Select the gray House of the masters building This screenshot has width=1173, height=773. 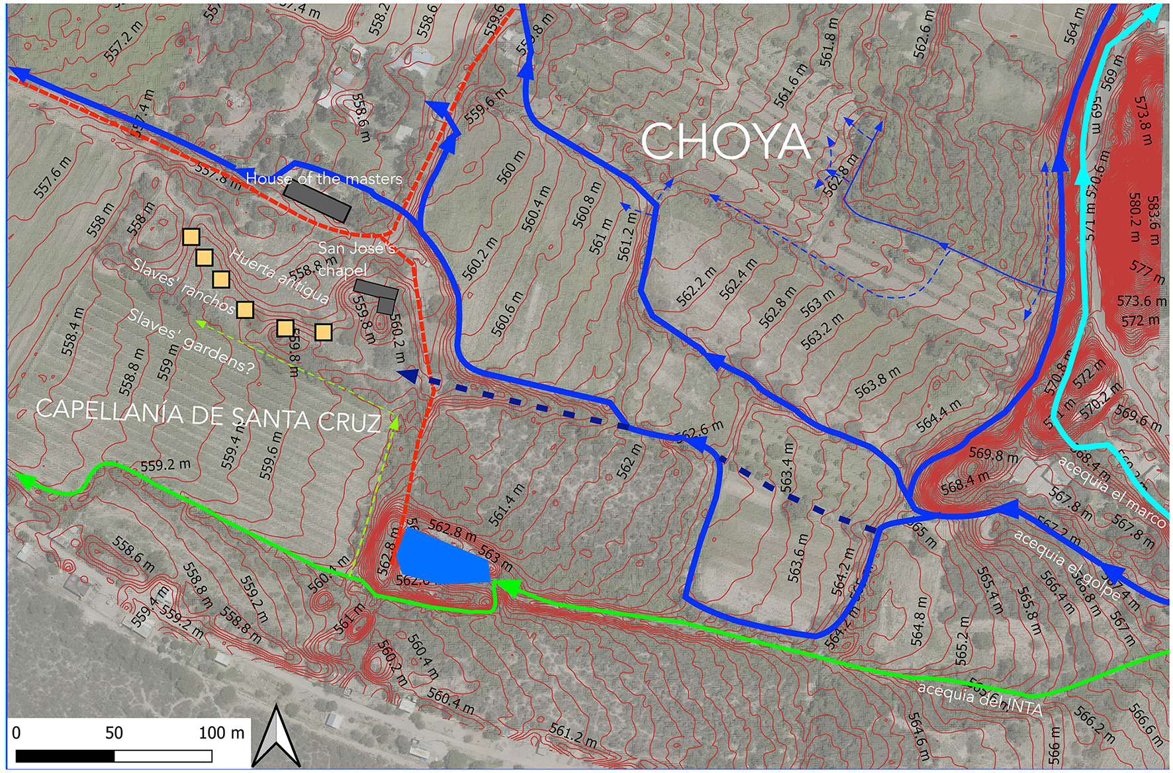(316, 201)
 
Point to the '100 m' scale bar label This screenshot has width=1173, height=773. (221, 733)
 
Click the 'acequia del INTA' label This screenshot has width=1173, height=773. (980, 700)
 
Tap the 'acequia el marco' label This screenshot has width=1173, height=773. (1111, 490)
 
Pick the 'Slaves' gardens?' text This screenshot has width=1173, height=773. (191, 341)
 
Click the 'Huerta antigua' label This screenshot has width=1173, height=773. (279, 276)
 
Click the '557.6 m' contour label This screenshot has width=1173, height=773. (52, 177)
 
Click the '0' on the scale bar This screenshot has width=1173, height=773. (17, 733)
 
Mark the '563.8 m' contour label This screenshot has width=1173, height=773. (877, 383)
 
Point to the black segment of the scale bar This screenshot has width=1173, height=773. (65, 756)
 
